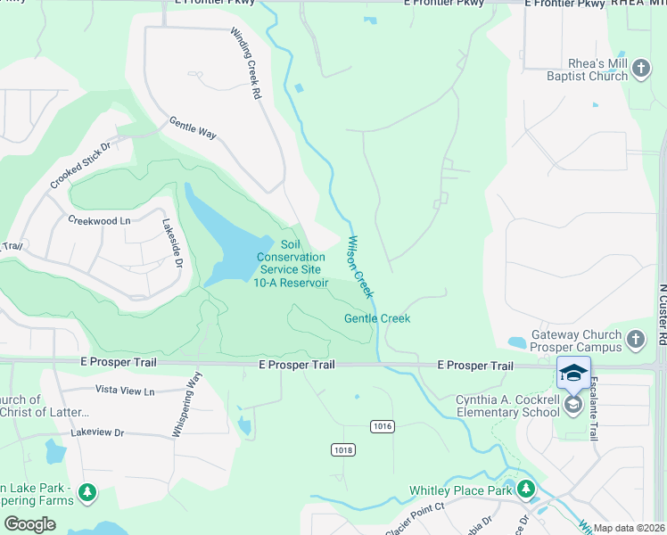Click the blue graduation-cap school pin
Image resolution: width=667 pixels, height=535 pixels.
click(x=573, y=374)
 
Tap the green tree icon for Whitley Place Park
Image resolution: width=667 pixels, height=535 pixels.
click(x=526, y=489)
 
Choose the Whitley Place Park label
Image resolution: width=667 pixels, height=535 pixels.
click(x=460, y=490)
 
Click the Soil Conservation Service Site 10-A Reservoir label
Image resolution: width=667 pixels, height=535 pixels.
click(x=292, y=263)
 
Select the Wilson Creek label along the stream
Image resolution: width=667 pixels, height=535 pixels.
click(x=360, y=267)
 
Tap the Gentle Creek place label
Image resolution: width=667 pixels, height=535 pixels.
click(x=377, y=318)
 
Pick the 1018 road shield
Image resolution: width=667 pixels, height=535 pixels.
click(x=343, y=449)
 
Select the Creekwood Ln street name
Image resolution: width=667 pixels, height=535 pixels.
click(x=99, y=219)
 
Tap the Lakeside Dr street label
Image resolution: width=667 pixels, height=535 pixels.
click(x=172, y=243)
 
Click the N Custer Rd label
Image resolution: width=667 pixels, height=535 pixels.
click(x=662, y=316)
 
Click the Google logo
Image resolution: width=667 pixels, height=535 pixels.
click(x=30, y=523)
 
